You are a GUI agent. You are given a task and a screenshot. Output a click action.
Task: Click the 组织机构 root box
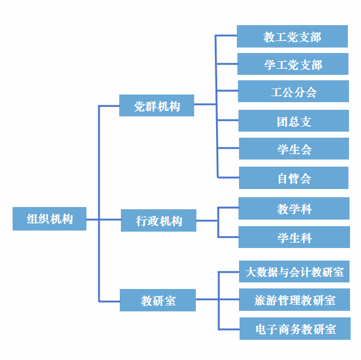point(49,219)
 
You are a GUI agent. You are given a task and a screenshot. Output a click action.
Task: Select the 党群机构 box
point(156,105)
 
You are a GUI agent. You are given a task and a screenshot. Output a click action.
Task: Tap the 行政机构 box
point(158,221)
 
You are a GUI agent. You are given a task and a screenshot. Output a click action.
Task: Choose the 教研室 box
point(158,300)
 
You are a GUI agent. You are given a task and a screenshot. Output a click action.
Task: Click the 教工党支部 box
point(292,37)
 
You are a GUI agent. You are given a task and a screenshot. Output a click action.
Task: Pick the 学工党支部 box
point(293,64)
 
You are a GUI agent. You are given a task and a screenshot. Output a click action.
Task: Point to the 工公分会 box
point(293,92)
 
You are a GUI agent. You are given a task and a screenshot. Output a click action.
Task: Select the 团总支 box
point(294,121)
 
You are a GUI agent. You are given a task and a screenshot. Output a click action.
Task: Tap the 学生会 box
point(294,149)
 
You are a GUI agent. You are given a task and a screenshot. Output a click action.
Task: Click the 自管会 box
point(294,178)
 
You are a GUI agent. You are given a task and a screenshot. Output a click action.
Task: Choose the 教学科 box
point(294,209)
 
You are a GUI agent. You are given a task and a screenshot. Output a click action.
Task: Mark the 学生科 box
point(294,238)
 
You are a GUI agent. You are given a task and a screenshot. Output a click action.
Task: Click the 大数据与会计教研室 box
point(294,272)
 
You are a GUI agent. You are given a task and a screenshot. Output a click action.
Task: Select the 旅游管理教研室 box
point(294,300)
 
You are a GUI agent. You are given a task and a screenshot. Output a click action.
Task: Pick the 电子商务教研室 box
point(295,329)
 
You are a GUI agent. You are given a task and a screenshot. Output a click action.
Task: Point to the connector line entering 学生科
point(228,237)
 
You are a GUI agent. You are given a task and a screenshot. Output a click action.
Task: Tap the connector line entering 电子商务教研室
point(229,329)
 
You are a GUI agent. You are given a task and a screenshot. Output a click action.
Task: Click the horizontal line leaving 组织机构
point(92,220)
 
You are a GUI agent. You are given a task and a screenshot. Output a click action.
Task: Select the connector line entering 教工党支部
point(226,36)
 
